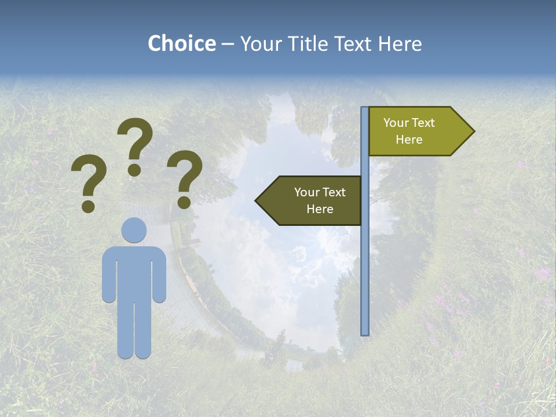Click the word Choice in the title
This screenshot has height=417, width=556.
coord(181,44)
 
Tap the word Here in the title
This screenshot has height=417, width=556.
coord(400,44)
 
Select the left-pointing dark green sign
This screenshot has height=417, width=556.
coord(313,200)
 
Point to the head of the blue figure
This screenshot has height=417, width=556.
coord(134,230)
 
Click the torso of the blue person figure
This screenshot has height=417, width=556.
coord(134,272)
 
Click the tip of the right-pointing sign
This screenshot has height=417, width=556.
coord(473,131)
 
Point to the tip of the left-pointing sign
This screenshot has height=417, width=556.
coord(257,201)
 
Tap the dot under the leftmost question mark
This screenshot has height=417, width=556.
coord(88,206)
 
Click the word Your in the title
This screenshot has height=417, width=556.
coord(258,44)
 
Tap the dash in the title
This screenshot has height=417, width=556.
coord(228,45)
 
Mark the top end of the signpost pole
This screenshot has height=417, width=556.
coord(365,108)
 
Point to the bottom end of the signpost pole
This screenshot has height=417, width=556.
coord(365,334)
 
